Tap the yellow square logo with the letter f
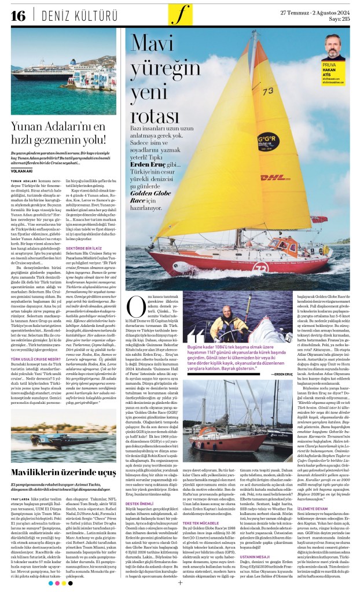click(x=180, y=14)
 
